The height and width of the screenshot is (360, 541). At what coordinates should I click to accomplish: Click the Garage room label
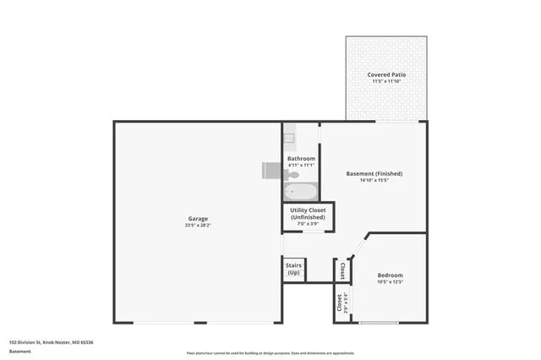(198, 219)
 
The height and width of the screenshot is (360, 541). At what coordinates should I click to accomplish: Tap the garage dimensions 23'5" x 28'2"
(198, 226)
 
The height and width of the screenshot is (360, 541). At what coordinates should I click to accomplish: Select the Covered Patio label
(386, 75)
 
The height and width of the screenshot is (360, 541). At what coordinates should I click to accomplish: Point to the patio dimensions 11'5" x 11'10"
(386, 82)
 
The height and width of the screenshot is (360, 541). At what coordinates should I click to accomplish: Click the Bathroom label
(301, 158)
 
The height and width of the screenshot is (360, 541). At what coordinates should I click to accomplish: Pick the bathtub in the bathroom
(300, 189)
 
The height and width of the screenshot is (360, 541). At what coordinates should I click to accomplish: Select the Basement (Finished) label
(374, 173)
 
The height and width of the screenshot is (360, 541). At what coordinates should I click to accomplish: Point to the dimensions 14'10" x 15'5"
(374, 180)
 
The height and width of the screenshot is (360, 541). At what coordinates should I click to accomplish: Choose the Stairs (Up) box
(293, 270)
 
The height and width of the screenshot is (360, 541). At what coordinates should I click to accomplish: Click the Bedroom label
(390, 275)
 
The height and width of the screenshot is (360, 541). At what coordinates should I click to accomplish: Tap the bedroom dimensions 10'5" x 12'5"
(390, 281)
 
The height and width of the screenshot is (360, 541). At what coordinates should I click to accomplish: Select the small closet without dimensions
(342, 270)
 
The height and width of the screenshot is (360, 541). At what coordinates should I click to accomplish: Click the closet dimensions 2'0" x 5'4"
(346, 301)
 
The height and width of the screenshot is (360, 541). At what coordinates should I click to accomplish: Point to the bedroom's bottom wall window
(379, 323)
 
